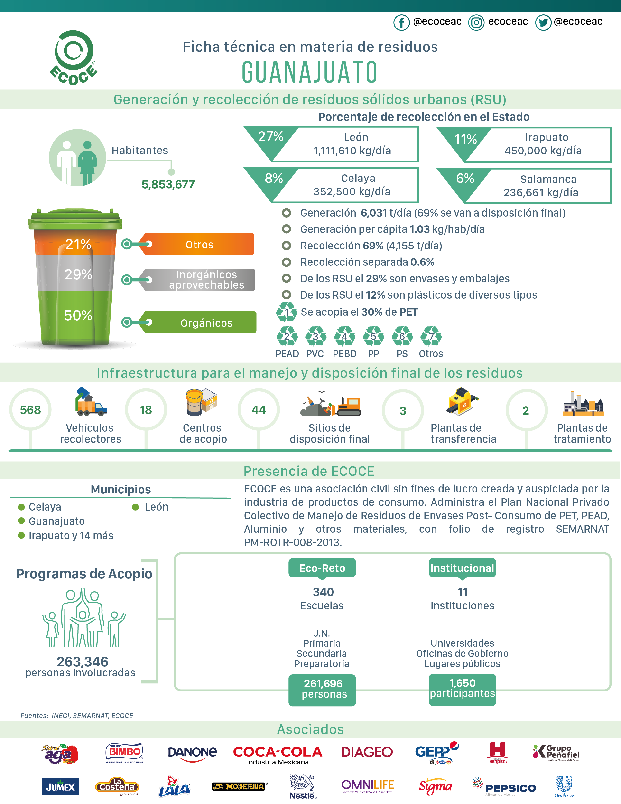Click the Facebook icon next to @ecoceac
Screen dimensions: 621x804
(401, 22)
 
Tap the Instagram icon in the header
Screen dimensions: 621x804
(476, 22)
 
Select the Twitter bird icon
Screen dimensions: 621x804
(543, 22)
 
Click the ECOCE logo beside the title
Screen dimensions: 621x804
(74, 58)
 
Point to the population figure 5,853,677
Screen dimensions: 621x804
(168, 184)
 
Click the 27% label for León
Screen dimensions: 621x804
(271, 137)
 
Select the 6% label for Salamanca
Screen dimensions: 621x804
(465, 178)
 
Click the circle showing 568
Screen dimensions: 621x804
(30, 409)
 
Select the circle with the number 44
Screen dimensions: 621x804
(259, 409)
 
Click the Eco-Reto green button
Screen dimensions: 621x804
(322, 568)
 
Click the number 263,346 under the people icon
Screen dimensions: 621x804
(83, 662)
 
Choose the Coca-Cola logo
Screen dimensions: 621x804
(278, 754)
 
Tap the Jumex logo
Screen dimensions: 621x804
(60, 787)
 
